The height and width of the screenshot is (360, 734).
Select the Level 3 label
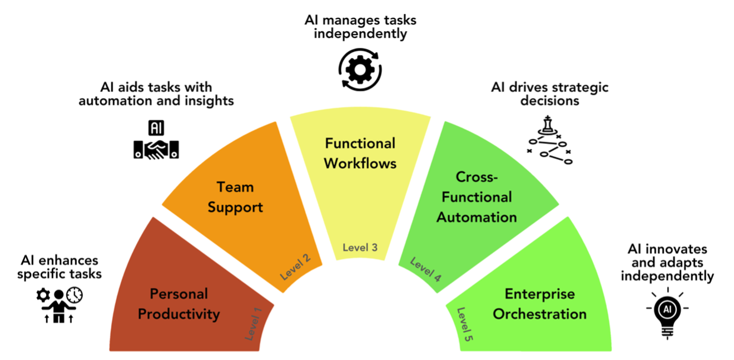point(360,248)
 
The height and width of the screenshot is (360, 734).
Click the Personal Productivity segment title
point(178,304)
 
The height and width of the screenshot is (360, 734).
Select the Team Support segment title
point(235,198)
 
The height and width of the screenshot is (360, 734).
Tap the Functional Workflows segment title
point(360,153)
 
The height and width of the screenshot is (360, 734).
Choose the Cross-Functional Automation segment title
point(476,197)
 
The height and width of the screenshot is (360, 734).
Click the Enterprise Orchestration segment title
point(539,304)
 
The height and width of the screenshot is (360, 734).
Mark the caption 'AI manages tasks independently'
point(360,26)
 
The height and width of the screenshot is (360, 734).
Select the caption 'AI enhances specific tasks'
point(59,267)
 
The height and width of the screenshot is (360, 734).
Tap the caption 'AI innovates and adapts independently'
point(667,262)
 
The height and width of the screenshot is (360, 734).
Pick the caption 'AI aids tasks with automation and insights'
point(156,94)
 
